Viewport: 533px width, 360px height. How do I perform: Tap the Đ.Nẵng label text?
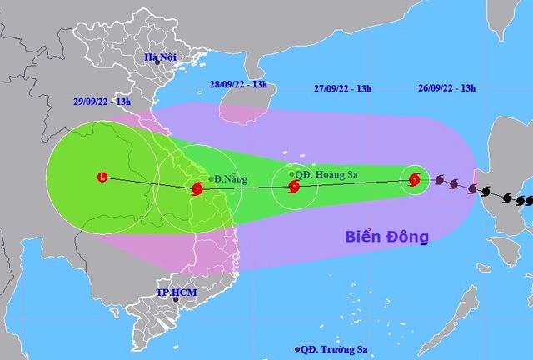click(x=229, y=178)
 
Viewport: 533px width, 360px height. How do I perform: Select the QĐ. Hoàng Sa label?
click(x=324, y=174)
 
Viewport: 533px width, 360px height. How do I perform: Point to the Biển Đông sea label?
click(x=387, y=237)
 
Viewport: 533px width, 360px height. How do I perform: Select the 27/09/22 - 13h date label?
click(x=344, y=84)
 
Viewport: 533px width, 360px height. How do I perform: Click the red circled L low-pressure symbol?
click(x=102, y=177)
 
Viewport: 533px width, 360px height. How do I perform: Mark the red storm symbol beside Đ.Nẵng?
click(x=197, y=188)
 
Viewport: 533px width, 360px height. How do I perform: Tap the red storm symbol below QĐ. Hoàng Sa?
click(x=293, y=187)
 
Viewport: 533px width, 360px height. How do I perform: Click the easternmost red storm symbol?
click(x=414, y=178)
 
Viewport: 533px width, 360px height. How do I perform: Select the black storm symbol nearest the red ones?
click(x=439, y=179)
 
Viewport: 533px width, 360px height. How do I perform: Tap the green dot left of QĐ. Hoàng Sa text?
click(x=291, y=174)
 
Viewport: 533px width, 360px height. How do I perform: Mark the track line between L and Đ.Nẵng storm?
click(x=150, y=182)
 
